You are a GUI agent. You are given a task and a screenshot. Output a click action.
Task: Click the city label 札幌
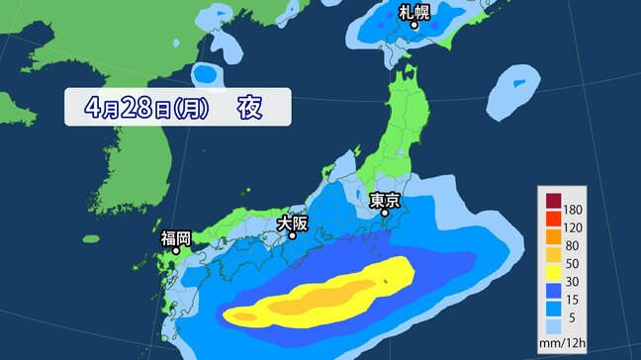tap(415, 12)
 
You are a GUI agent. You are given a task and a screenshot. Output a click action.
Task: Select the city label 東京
tap(386, 200)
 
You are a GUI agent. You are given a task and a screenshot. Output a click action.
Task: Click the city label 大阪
tap(292, 224)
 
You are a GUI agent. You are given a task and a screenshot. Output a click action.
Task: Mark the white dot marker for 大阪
tap(292, 236)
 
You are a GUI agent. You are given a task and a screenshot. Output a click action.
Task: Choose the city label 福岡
tap(177, 237)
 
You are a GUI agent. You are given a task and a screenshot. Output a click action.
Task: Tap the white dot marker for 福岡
tap(176, 251)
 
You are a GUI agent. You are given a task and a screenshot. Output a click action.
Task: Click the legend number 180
tap(572, 211)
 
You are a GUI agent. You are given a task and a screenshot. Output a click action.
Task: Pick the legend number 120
tap(572, 227)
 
